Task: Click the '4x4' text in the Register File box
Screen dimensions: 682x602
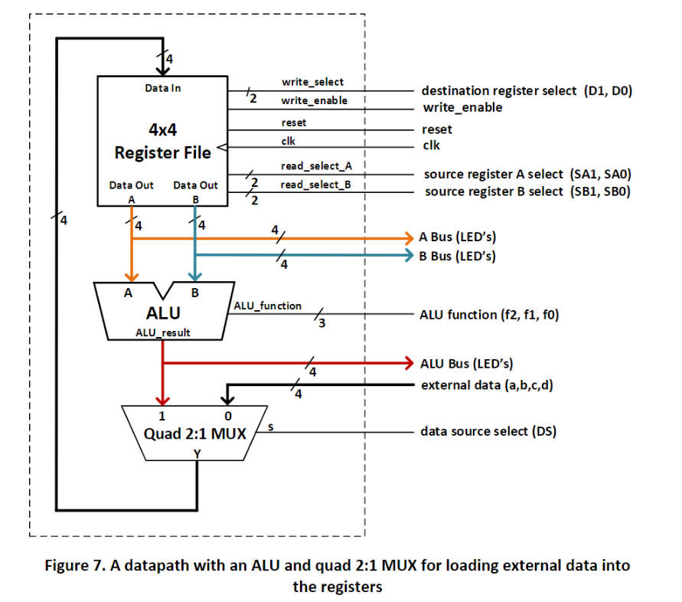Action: (x=163, y=129)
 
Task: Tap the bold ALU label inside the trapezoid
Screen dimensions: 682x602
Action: (x=163, y=313)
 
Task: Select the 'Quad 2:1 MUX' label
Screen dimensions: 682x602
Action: (x=195, y=434)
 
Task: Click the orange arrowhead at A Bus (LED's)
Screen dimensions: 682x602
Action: (x=409, y=238)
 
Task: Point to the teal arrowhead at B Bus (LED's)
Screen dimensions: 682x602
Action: (x=409, y=255)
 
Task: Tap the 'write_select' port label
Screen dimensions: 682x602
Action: (x=313, y=82)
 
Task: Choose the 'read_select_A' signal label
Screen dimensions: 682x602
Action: (x=316, y=166)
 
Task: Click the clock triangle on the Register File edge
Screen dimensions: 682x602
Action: (x=222, y=147)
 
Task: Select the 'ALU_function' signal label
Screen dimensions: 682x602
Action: (x=267, y=306)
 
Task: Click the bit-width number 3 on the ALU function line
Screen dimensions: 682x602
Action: (x=321, y=323)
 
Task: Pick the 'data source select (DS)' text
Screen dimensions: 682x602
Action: (x=488, y=431)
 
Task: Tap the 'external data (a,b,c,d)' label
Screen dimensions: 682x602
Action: (x=487, y=385)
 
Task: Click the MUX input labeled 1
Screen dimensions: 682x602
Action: (x=162, y=416)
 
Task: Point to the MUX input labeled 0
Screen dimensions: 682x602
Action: (x=228, y=416)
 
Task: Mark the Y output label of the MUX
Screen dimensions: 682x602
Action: (x=197, y=454)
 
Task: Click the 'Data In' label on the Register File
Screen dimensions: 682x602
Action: (x=163, y=88)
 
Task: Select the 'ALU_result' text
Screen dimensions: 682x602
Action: (x=163, y=332)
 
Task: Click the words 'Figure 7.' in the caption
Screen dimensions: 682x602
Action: (x=75, y=565)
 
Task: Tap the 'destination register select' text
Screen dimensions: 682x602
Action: (x=499, y=90)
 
